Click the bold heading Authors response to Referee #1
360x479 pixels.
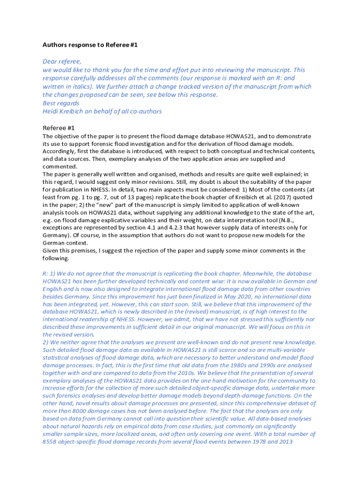pyautogui.click(x=90, y=45)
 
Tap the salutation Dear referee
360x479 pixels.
pyautogui.click(x=62, y=61)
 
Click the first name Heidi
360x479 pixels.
pyautogui.click(x=51, y=111)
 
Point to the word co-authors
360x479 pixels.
pyautogui.click(x=145, y=111)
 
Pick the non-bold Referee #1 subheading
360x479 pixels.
pyautogui.click(x=58, y=128)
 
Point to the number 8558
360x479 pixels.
pyautogui.click(x=50, y=442)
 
